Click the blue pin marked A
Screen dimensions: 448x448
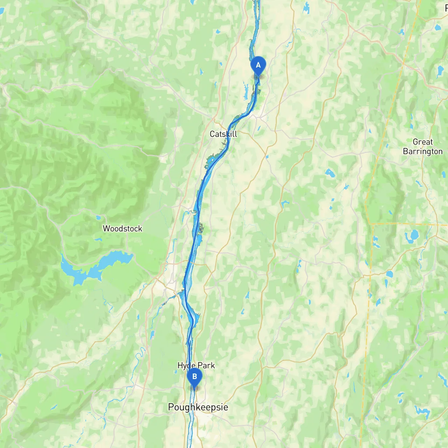[258, 65]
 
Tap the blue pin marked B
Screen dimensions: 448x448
[194, 377]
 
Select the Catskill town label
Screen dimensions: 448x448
[223, 134]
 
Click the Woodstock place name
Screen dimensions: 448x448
[122, 229]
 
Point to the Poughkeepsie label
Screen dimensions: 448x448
[198, 407]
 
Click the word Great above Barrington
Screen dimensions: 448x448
[423, 142]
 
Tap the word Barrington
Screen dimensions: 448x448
[423, 152]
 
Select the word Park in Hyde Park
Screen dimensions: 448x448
[206, 365]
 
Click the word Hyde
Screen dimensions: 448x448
[186, 366]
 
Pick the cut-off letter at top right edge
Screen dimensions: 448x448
[446, 8]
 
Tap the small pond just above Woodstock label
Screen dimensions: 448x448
[99, 218]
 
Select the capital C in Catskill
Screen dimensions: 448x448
[212, 134]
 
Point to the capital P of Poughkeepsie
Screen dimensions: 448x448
[171, 407]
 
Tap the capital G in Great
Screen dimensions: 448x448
[415, 142]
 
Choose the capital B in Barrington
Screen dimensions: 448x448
[405, 152]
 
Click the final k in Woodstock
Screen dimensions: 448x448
[140, 229]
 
